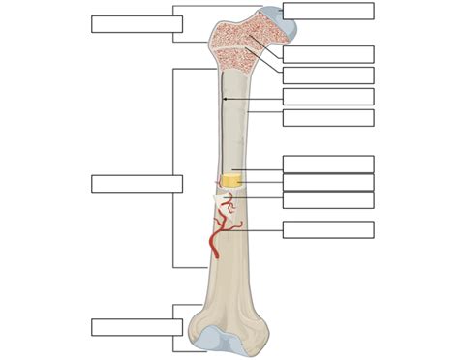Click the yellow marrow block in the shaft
231,180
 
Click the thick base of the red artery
214,252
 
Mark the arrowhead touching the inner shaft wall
224,97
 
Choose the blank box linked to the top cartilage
328,11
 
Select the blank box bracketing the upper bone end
137,24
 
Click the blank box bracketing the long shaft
137,184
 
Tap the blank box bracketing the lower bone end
137,327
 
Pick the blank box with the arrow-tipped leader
328,97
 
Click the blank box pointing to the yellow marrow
328,182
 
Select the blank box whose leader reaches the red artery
328,229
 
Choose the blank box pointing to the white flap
328,199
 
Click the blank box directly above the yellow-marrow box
328,164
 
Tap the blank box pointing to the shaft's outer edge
328,117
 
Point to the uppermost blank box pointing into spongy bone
328,54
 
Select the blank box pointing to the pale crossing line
328,75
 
